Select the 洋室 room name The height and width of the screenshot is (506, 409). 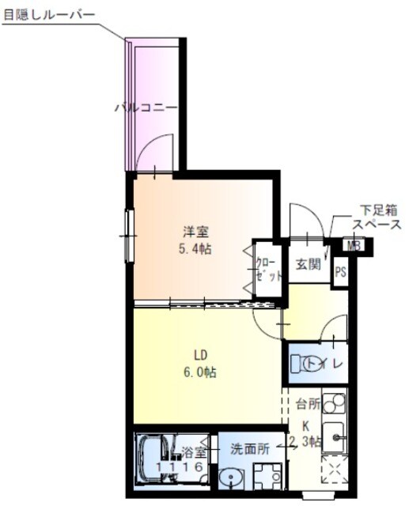click(x=195, y=232)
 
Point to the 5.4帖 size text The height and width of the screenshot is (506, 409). click(x=195, y=248)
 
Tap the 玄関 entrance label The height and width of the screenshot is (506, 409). click(x=308, y=264)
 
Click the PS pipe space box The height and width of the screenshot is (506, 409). click(x=340, y=273)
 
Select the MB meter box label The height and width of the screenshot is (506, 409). click(x=353, y=246)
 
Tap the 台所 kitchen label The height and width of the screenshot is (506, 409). click(x=308, y=404)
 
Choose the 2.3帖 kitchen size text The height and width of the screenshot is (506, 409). click(x=305, y=441)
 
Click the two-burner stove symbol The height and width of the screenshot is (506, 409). click(x=334, y=405)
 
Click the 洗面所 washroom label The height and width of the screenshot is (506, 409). click(x=249, y=448)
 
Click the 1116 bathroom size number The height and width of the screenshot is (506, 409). click(x=184, y=468)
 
